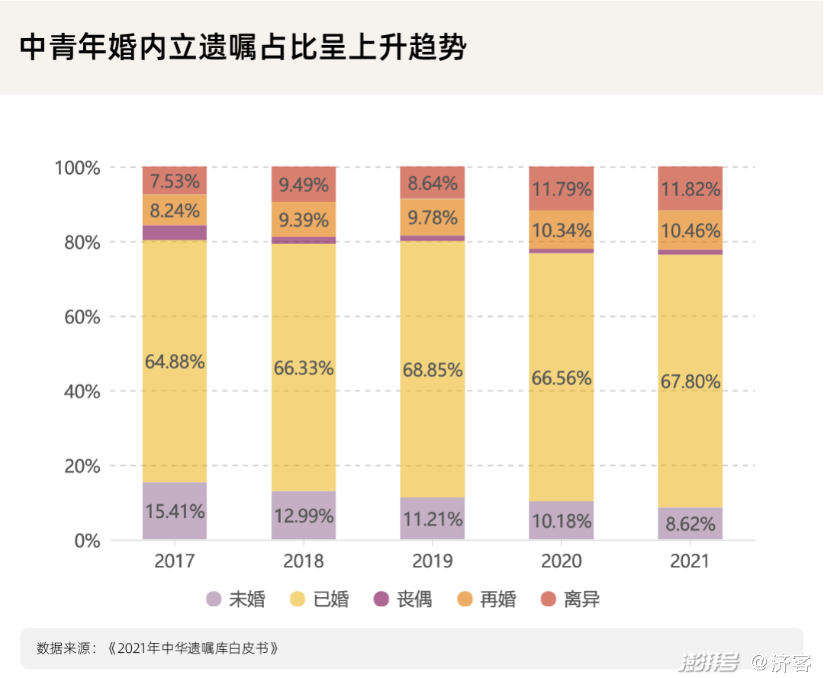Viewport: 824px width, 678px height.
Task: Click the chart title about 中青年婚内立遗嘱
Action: pos(243,47)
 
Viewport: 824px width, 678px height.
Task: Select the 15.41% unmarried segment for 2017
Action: pos(175,511)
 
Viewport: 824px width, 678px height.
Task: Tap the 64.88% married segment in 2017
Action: pos(175,361)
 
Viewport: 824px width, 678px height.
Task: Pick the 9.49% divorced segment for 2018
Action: pos(304,185)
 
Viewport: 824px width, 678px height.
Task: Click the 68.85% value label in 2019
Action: pos(433,370)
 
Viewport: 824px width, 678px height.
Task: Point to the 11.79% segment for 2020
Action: pos(562,188)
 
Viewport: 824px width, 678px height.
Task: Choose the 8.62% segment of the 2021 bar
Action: pos(690,524)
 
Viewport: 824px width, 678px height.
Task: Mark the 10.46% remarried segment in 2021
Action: pos(690,230)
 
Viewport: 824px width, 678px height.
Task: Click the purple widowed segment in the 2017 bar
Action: pos(175,233)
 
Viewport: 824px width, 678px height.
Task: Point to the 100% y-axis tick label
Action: pos(78,167)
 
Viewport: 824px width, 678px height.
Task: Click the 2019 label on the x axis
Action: pos(433,562)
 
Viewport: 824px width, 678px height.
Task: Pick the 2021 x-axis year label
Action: pos(690,562)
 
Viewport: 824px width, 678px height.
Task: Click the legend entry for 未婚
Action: pos(236,599)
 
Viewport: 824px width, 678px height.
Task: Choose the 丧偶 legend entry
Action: pos(404,599)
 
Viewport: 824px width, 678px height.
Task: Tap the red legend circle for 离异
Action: pos(549,599)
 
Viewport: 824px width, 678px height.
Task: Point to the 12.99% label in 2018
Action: pos(304,516)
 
